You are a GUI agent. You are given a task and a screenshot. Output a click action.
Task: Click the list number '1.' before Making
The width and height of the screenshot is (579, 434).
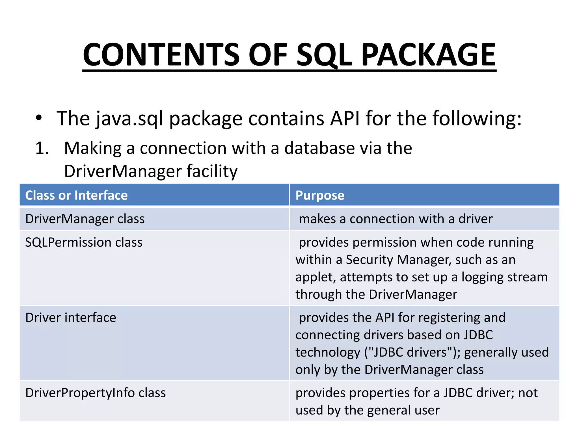point(42,148)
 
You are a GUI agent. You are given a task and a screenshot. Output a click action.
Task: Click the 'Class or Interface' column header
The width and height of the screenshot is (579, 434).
point(76,195)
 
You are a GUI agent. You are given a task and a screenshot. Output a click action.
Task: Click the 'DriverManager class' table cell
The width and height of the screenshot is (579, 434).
point(85,219)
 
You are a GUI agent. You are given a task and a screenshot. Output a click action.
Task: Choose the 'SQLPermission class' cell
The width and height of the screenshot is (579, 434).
point(84,242)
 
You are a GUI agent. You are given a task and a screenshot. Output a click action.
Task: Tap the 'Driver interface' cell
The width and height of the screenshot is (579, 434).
point(71,318)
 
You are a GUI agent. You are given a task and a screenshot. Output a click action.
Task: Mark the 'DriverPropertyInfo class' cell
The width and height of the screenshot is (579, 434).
point(96,393)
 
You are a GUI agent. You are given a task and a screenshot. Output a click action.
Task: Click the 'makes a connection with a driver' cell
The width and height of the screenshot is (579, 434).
point(396,219)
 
